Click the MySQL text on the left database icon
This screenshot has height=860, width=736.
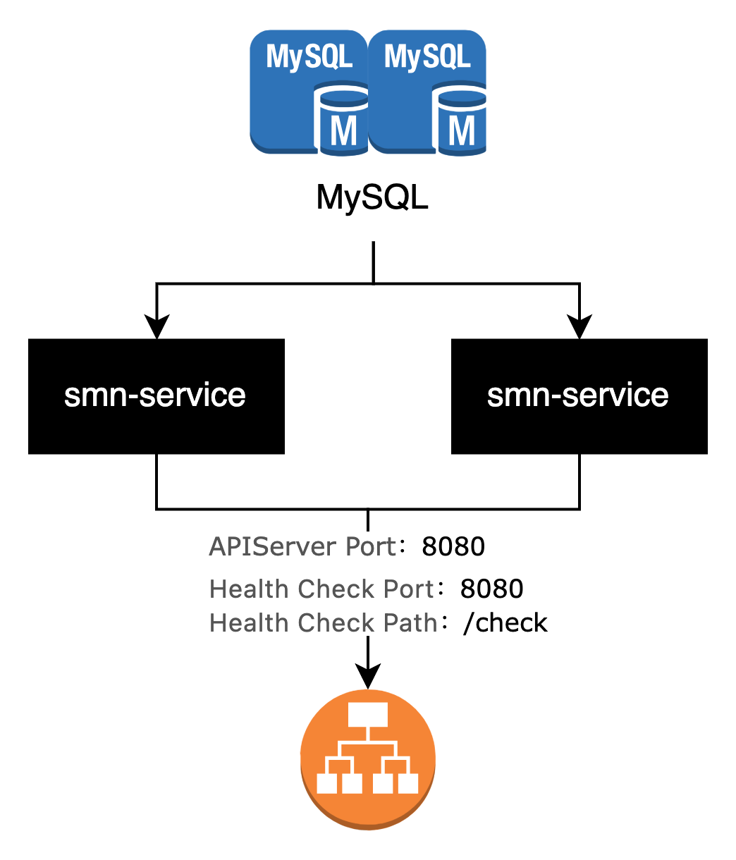(309, 56)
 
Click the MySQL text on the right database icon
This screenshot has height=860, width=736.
(427, 56)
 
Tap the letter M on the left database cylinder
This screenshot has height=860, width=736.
(343, 130)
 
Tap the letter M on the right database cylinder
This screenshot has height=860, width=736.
(462, 130)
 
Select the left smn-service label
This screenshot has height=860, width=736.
(154, 395)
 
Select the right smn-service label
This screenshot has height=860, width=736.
(577, 395)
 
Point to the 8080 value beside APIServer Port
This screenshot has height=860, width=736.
(453, 547)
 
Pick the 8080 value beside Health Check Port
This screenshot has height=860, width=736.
(491, 589)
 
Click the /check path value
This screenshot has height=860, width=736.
(505, 623)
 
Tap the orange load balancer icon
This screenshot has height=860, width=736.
(368, 759)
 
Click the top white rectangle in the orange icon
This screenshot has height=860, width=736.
(368, 714)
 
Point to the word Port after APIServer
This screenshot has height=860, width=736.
(372, 547)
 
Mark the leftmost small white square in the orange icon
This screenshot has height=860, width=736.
(326, 783)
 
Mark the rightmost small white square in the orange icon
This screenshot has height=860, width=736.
(409, 783)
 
